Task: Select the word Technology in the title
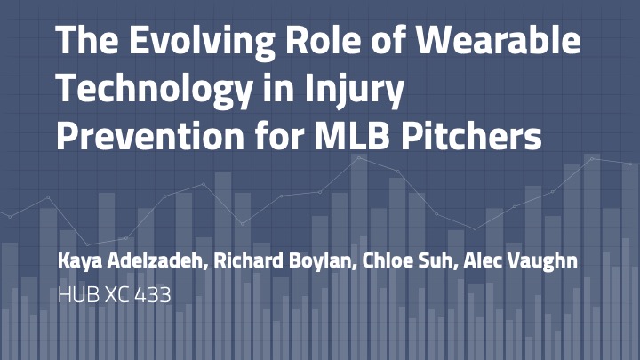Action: tap(154, 90)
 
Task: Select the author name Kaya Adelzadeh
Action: tap(130, 260)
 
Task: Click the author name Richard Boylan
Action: tap(282, 260)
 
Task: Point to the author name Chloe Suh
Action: tap(407, 260)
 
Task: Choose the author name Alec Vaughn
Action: tap(520, 260)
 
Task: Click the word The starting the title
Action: tap(87, 40)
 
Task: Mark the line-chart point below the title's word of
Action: tap(398, 172)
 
